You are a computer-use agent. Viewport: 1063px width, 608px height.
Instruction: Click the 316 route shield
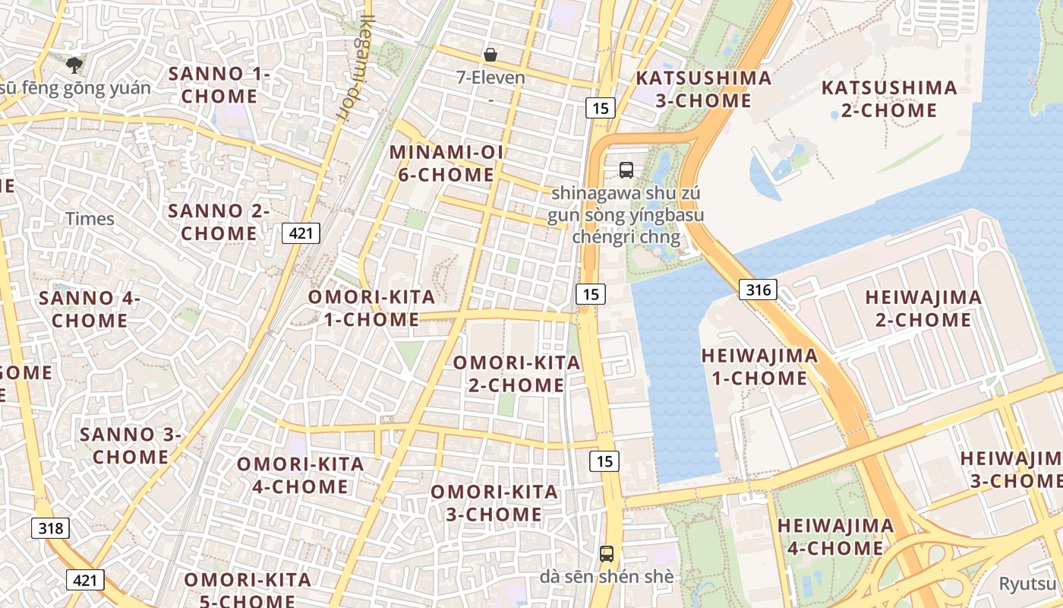758,290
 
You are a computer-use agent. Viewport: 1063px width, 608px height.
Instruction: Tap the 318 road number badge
51,528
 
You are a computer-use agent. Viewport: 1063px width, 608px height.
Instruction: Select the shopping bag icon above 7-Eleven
490,55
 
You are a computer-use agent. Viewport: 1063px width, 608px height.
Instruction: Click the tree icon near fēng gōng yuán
74,65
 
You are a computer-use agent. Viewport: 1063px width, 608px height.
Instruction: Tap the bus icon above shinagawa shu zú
626,170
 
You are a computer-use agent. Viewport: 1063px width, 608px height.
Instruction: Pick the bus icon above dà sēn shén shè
606,554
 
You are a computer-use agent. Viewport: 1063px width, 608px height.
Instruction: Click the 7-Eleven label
490,78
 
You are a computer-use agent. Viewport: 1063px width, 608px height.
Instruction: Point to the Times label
90,219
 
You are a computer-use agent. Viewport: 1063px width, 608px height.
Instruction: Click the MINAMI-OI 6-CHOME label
446,163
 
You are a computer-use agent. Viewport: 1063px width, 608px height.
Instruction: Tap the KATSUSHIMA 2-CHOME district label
889,99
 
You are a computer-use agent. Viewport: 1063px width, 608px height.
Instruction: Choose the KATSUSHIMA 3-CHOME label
703,89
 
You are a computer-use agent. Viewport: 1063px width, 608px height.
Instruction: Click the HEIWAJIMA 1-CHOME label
759,366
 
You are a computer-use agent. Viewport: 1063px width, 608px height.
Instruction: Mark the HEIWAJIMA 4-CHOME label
835,537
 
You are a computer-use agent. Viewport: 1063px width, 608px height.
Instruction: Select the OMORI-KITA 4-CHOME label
301,475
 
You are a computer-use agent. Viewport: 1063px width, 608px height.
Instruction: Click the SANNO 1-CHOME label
219,85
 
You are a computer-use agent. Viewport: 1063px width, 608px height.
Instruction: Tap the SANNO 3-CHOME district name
131,445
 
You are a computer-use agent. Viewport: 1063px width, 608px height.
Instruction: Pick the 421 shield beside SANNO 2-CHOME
301,233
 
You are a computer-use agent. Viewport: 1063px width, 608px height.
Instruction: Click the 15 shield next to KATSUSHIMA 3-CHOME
600,108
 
